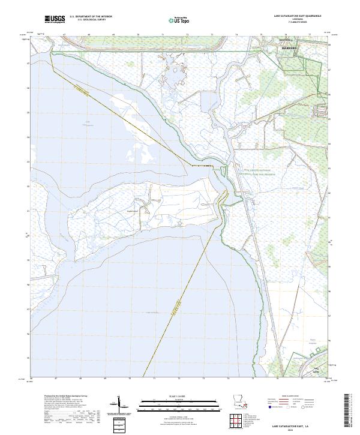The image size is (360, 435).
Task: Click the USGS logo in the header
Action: [55, 19]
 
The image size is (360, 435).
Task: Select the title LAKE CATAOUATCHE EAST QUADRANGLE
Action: [298, 16]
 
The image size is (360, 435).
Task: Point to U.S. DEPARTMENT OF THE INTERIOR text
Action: [91, 17]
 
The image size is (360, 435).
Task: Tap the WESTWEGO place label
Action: [269, 41]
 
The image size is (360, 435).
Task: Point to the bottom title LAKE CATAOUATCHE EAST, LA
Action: [299, 425]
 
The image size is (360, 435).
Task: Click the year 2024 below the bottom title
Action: [299, 430]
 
